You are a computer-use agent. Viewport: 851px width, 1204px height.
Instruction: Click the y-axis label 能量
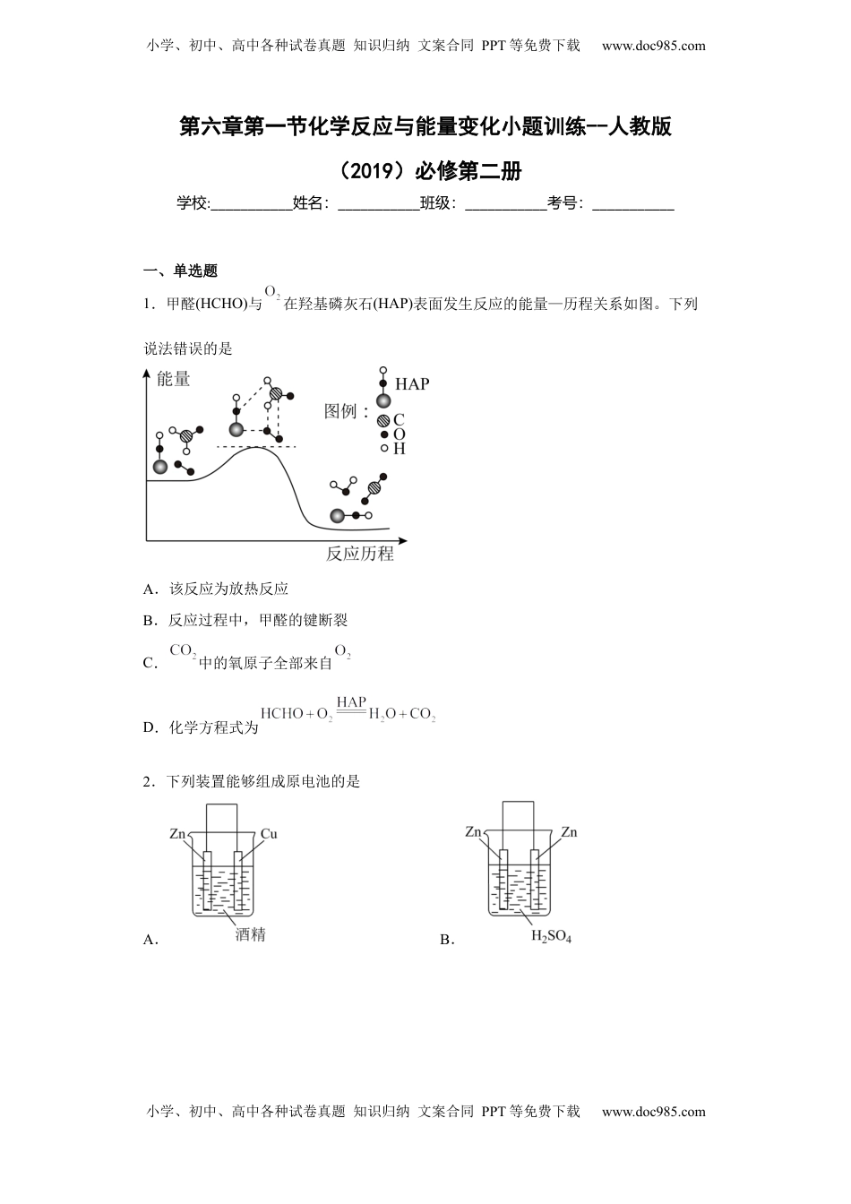coord(173,379)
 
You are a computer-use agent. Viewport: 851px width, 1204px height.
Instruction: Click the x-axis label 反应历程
coord(360,554)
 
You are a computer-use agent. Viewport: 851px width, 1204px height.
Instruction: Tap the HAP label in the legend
coord(412,384)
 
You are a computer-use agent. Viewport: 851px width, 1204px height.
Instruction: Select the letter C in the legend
coord(399,419)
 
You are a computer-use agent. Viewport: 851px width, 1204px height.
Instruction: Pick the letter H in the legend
coord(399,449)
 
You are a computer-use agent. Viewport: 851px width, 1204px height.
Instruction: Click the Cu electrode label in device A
coord(269,834)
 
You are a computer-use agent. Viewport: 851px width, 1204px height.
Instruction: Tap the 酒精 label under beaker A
coord(251,934)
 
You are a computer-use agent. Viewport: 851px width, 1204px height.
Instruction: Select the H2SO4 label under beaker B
coord(551,937)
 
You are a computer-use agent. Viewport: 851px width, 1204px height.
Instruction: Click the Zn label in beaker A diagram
coord(177,834)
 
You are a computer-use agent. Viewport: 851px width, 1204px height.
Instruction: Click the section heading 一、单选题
coord(181,271)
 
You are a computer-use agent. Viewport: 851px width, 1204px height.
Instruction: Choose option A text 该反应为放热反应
coord(228,589)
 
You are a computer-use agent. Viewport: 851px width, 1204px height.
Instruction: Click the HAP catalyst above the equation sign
coord(351,702)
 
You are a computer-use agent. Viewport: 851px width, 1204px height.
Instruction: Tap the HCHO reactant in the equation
coord(281,714)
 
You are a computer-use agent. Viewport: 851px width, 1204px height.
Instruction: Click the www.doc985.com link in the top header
coord(653,46)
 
